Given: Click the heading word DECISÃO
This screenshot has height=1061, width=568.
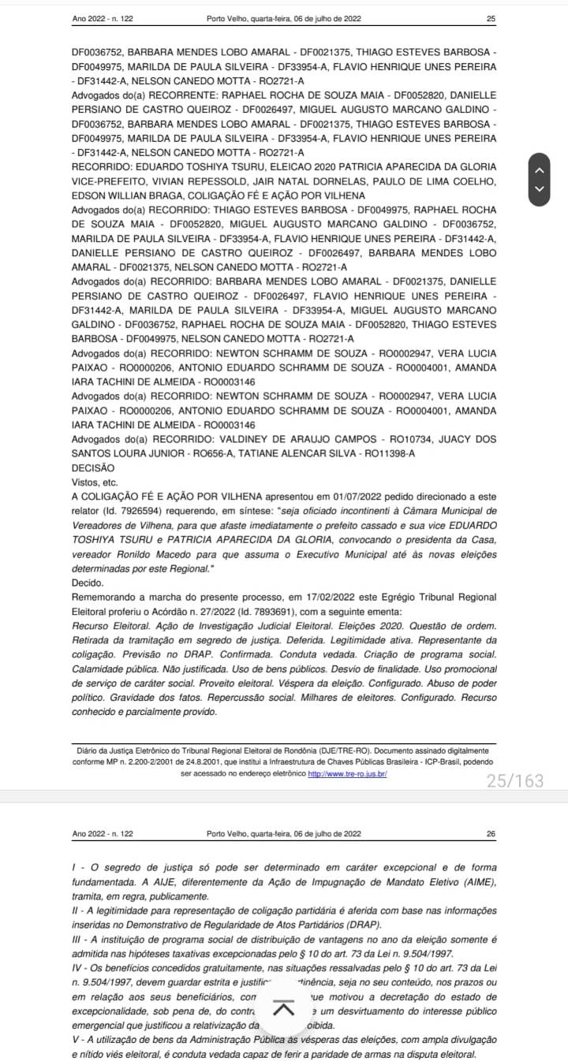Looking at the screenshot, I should tap(93, 467).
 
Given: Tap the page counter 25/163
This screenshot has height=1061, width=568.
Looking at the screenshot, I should tap(515, 780).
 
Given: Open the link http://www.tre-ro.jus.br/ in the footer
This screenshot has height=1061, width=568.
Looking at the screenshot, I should tap(347, 774).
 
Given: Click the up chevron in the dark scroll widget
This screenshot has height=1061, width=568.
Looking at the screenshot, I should tap(540, 169).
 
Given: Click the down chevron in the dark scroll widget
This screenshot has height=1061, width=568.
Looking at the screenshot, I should tap(540, 189).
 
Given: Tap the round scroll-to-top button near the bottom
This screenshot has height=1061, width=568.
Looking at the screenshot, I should tap(284, 1008).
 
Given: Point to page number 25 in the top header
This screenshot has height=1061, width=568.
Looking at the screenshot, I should tap(491, 18).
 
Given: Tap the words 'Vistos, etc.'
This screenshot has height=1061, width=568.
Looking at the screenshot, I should tap(95, 481).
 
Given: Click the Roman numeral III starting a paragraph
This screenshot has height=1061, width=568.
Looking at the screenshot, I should tap(77, 939).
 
